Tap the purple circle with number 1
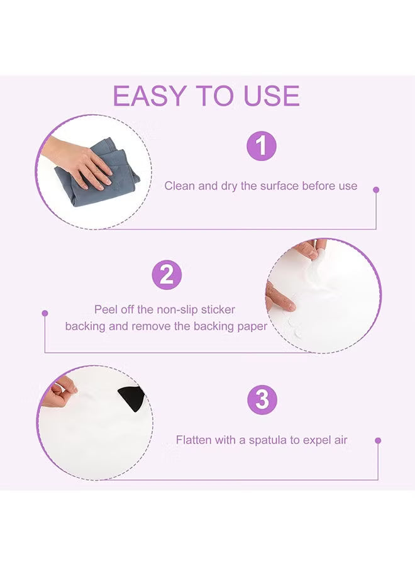(x=261, y=147)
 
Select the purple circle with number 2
(x=167, y=274)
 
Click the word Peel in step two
(x=105, y=309)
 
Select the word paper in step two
(x=253, y=326)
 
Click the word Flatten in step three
(x=194, y=440)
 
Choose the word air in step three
(x=340, y=440)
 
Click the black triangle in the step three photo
(x=133, y=396)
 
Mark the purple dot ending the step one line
(x=376, y=189)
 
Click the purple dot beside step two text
(x=45, y=313)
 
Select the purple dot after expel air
(x=378, y=441)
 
